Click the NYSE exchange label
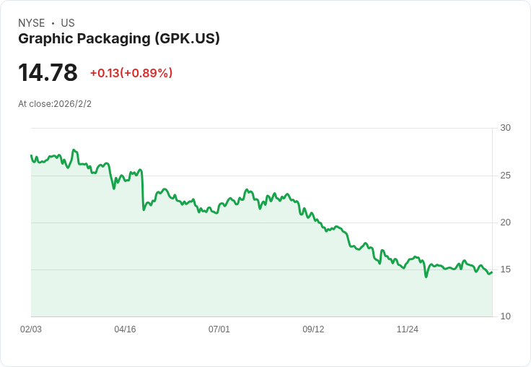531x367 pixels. (x=31, y=23)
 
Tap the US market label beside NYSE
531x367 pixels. (x=68, y=23)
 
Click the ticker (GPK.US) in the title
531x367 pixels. (x=187, y=38)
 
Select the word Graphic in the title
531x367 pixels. (x=43, y=38)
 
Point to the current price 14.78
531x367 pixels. (x=48, y=73)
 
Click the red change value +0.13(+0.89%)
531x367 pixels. (x=131, y=73)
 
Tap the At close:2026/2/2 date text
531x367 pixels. (x=55, y=104)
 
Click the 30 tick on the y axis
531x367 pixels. (x=505, y=128)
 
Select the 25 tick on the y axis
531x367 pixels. (x=505, y=176)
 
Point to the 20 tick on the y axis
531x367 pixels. (x=505, y=223)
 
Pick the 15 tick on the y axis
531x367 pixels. (x=505, y=269)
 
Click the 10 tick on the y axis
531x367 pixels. (x=505, y=316)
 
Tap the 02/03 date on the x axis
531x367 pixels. (x=31, y=329)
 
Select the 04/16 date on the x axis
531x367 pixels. (x=125, y=329)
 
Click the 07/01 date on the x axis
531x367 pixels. (x=219, y=329)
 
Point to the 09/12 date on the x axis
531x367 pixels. (x=313, y=329)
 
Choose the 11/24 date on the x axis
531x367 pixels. (x=408, y=329)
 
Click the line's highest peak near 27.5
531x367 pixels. (x=74, y=150)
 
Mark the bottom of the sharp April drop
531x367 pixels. (x=144, y=210)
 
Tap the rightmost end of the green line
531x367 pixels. (x=492, y=272)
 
